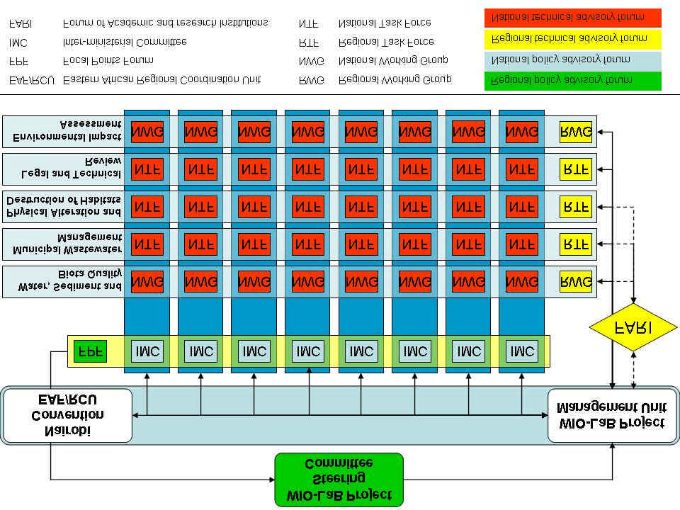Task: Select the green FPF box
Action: pos(90,351)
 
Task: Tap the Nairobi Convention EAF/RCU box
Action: pos(69,415)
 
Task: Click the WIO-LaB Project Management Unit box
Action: pos(611,415)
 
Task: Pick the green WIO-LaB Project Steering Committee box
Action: pos(339,480)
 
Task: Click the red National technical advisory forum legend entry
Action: pos(572,18)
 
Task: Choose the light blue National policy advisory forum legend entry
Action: pos(572,59)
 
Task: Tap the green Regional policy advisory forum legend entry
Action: pos(572,80)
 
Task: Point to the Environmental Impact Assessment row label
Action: pos(64,132)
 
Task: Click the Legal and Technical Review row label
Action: pos(64,169)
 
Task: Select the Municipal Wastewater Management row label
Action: pos(64,244)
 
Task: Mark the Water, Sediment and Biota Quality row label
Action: pos(64,281)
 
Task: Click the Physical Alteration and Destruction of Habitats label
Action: pos(64,206)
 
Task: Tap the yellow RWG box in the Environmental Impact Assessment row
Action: pos(576,132)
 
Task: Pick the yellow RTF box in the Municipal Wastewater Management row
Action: pos(576,244)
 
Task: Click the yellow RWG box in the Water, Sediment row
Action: pos(576,281)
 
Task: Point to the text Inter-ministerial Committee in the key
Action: pos(125,42)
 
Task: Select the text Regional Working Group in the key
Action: pos(395,79)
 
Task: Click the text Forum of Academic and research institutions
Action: pos(166,23)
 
